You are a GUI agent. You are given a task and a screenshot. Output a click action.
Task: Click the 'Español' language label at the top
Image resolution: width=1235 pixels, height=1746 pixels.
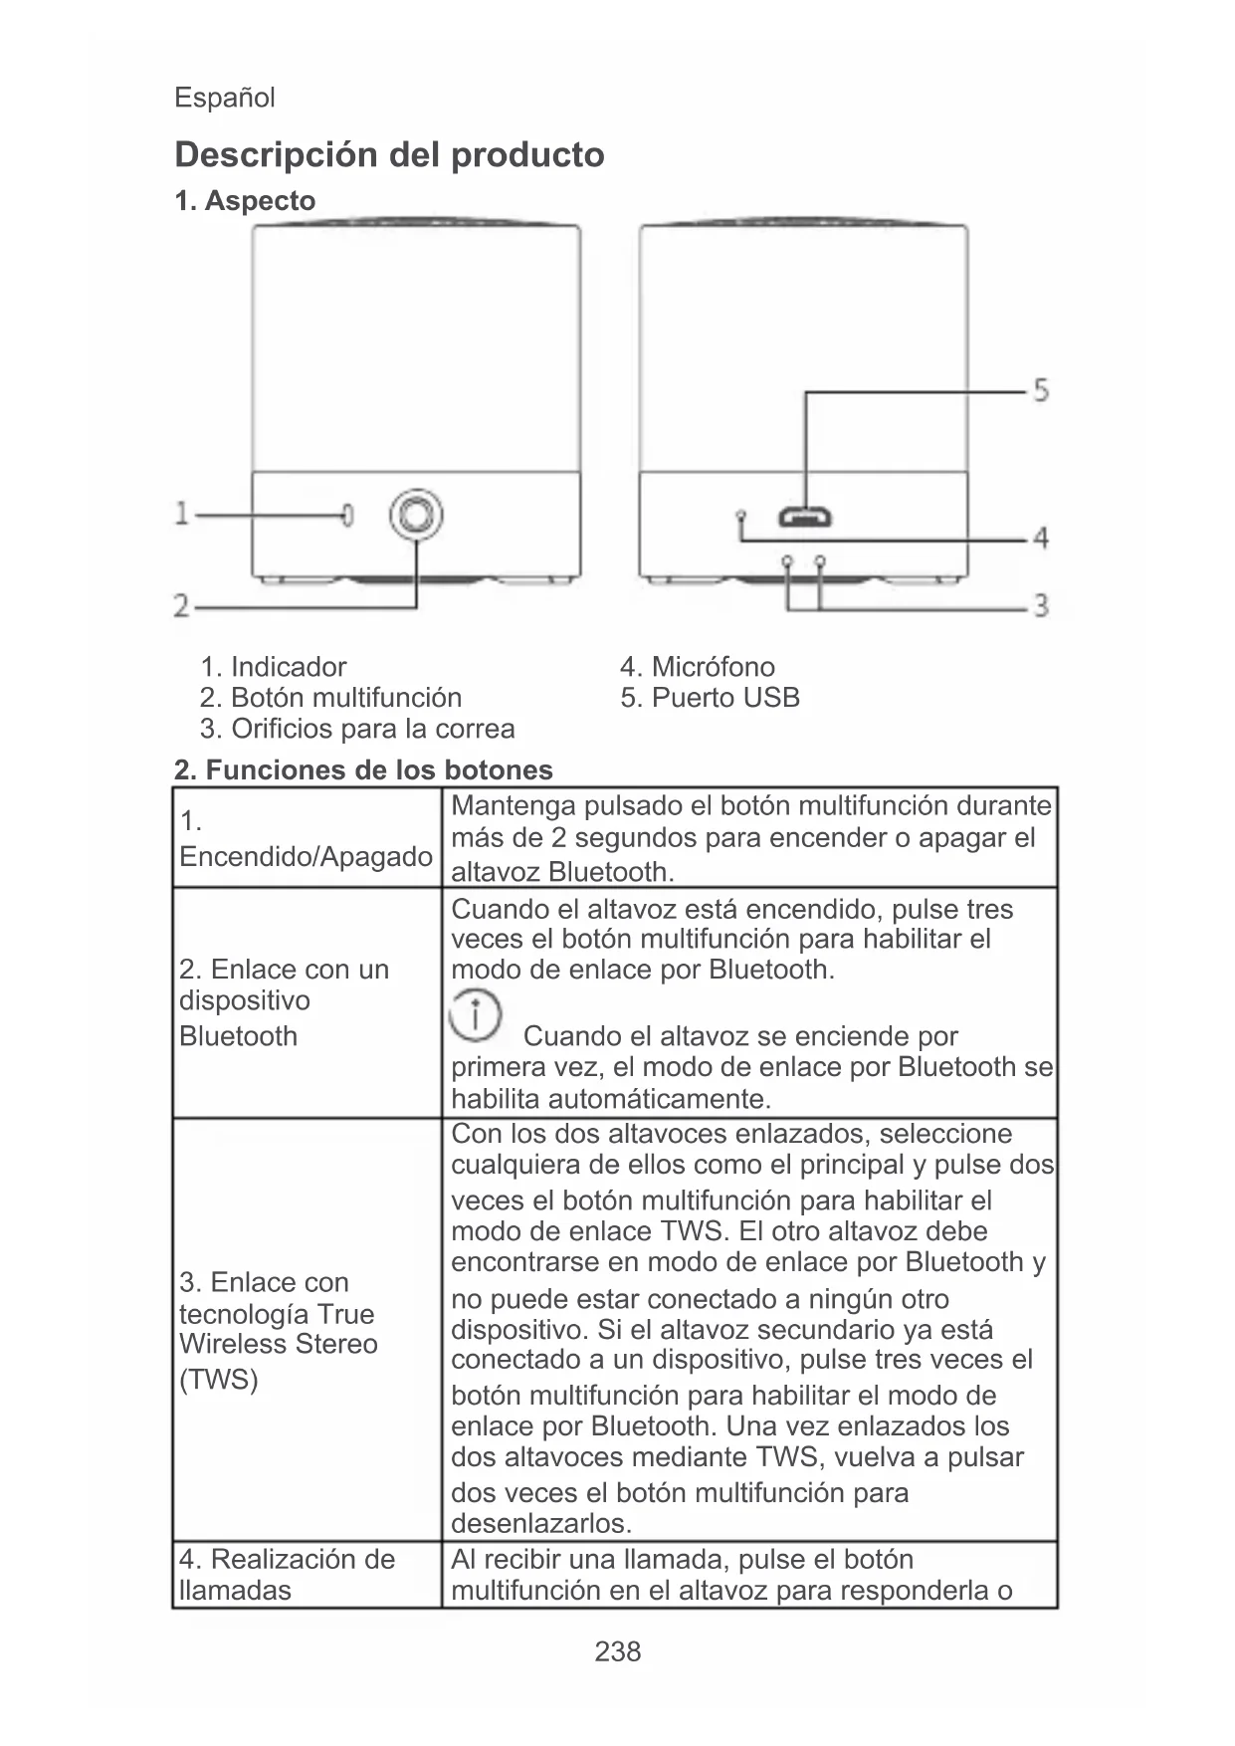click(x=224, y=98)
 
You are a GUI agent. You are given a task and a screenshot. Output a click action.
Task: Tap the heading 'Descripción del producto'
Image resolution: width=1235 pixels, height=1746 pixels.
click(x=389, y=155)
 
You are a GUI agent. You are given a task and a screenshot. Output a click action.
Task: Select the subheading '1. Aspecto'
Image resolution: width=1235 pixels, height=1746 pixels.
click(x=245, y=201)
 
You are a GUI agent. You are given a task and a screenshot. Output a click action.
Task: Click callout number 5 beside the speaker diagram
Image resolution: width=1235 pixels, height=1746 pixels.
click(x=1040, y=389)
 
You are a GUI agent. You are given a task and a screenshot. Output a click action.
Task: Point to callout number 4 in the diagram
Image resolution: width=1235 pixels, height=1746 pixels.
click(x=1040, y=539)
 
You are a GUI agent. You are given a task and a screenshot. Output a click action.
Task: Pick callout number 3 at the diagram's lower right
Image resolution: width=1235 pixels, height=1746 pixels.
click(x=1040, y=605)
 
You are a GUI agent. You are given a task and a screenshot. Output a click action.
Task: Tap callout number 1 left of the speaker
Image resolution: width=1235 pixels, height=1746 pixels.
click(x=182, y=514)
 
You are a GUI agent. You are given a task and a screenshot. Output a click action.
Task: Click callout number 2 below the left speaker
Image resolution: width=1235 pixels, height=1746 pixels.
click(x=182, y=605)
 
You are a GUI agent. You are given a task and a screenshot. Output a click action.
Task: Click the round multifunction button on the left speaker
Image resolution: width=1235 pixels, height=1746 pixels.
click(x=416, y=515)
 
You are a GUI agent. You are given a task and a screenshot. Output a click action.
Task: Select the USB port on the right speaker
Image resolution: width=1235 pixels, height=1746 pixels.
click(x=805, y=518)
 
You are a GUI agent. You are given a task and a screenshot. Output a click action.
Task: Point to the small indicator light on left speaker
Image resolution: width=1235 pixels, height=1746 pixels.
click(x=346, y=515)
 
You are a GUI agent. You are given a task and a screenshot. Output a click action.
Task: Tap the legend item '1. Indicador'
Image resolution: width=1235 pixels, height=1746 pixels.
click(x=274, y=667)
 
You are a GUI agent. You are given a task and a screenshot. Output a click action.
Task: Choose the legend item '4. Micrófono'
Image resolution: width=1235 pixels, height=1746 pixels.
click(x=697, y=667)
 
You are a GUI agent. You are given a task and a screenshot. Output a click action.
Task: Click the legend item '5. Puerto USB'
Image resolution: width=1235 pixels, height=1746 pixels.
click(x=710, y=698)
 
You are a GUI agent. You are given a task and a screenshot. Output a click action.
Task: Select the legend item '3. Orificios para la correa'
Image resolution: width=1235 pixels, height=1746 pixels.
click(x=357, y=729)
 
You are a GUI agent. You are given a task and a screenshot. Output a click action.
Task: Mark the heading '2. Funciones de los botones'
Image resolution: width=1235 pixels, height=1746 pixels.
click(x=363, y=769)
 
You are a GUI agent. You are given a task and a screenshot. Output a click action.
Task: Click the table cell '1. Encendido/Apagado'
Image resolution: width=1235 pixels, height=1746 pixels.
click(x=306, y=839)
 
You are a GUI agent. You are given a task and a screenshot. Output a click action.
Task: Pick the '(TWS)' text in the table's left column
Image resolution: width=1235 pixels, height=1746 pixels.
click(x=219, y=1380)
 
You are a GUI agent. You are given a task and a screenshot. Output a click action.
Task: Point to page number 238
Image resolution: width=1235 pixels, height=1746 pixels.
click(x=617, y=1651)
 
